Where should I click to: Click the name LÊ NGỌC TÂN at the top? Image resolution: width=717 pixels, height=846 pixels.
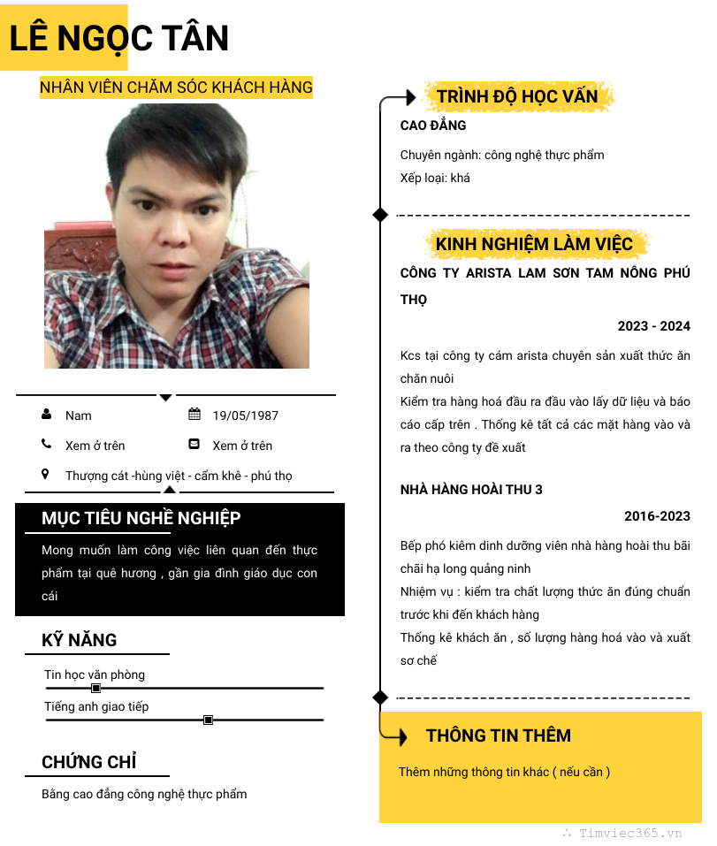click(x=119, y=38)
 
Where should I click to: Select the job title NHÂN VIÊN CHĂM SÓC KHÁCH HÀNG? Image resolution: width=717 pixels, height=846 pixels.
click(x=176, y=88)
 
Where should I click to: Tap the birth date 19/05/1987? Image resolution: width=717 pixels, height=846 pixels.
click(x=245, y=415)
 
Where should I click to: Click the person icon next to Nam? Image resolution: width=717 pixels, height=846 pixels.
click(x=46, y=415)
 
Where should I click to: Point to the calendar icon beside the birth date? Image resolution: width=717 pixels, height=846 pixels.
click(x=195, y=415)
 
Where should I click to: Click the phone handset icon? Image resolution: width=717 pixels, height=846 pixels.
click(x=46, y=445)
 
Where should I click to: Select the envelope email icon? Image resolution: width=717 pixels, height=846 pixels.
click(x=195, y=445)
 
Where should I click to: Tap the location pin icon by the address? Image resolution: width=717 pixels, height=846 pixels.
click(x=46, y=475)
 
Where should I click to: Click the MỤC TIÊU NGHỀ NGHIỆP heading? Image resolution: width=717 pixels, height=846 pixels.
click(x=141, y=519)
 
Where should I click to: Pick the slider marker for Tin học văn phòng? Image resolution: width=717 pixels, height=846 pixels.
click(x=96, y=688)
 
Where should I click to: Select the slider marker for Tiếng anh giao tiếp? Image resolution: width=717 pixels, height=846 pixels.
click(x=209, y=720)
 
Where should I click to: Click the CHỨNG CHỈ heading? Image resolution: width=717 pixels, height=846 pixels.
click(x=88, y=763)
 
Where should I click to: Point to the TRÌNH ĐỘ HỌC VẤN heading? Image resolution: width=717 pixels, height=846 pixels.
click(x=517, y=96)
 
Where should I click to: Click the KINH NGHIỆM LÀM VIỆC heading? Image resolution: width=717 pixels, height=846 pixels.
click(x=534, y=244)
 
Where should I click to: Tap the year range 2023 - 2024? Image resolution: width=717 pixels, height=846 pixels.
click(x=653, y=326)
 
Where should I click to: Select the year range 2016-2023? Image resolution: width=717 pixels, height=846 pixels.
click(x=657, y=516)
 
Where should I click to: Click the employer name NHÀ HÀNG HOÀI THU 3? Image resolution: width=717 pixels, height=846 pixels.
click(x=471, y=490)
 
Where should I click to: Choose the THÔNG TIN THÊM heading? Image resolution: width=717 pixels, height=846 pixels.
click(x=499, y=735)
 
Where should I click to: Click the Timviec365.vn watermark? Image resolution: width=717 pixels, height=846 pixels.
click(x=630, y=833)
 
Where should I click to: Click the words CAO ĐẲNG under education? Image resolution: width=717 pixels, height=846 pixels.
click(x=433, y=126)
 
